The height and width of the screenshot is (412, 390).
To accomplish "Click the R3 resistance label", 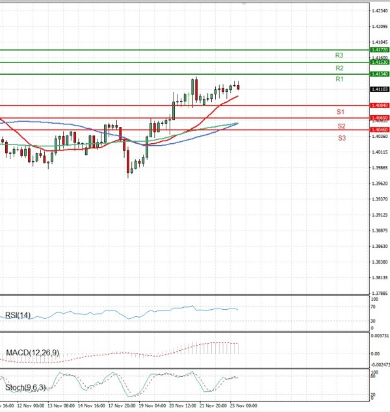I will (339, 55).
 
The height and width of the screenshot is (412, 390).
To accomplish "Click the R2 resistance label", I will (339, 68).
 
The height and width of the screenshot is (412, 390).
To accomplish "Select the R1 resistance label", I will (339, 79).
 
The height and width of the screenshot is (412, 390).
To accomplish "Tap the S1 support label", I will (340, 113).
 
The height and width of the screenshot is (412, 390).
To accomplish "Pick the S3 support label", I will (341, 138).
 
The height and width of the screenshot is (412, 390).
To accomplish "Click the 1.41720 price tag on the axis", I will (379, 49).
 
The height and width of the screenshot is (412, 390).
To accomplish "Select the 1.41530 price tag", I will (379, 62).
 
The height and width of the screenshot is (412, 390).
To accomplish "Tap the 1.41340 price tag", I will (379, 74).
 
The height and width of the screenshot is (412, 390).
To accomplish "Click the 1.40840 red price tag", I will (379, 105).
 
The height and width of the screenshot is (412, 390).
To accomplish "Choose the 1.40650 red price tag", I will (379, 118).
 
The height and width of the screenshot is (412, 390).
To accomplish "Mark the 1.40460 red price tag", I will (379, 130).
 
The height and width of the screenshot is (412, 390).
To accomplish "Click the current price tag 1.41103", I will (379, 89).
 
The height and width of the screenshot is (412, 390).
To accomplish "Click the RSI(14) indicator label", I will (18, 315).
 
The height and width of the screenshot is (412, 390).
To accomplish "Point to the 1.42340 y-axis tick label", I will (380, 10).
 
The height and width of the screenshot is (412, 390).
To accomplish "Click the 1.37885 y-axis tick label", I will (380, 294).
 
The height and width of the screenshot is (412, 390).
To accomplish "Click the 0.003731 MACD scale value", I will (380, 336).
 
